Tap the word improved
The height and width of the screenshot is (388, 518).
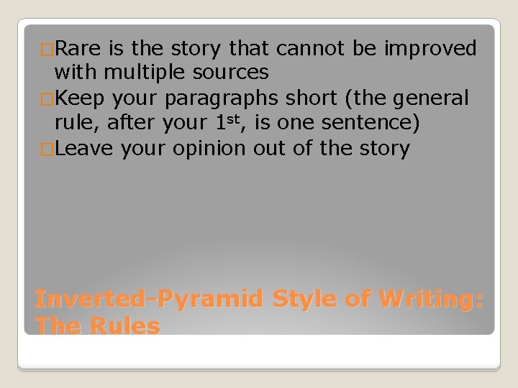(x=431, y=48)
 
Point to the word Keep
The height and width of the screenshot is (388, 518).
(x=80, y=98)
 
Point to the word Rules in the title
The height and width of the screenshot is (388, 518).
(x=125, y=326)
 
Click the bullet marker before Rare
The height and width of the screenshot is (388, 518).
(x=47, y=50)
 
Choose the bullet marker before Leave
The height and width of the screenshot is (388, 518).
(x=47, y=149)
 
